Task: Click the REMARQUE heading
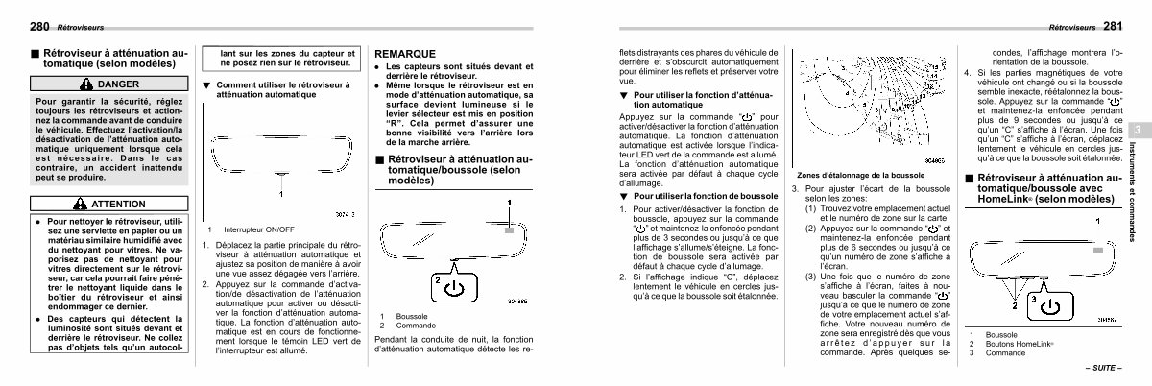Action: pos(404,53)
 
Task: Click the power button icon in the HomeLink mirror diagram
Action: pos(1053,306)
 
